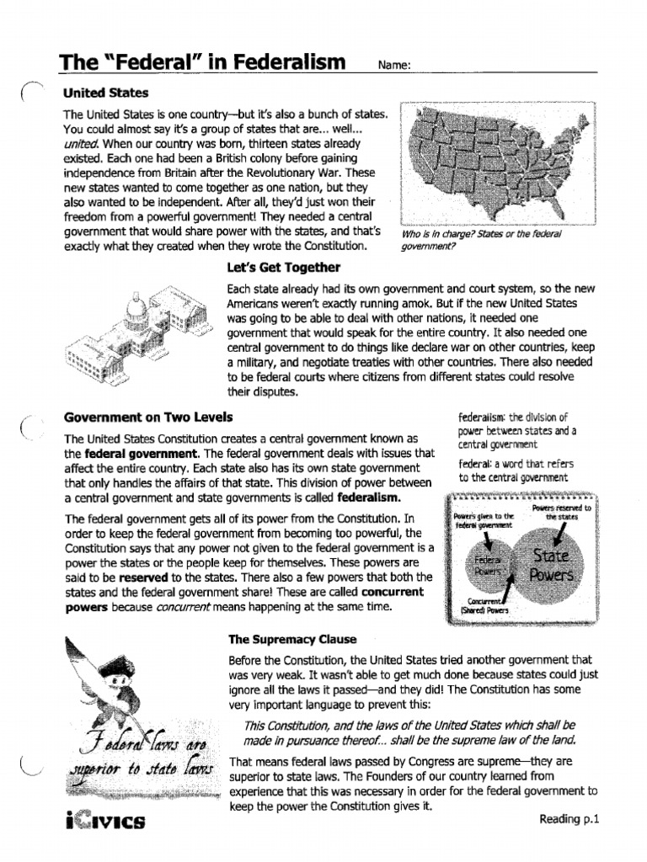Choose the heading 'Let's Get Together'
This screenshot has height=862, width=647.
click(283, 268)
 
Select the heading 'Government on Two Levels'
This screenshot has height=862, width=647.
click(148, 417)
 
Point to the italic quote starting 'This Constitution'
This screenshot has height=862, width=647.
click(409, 732)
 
